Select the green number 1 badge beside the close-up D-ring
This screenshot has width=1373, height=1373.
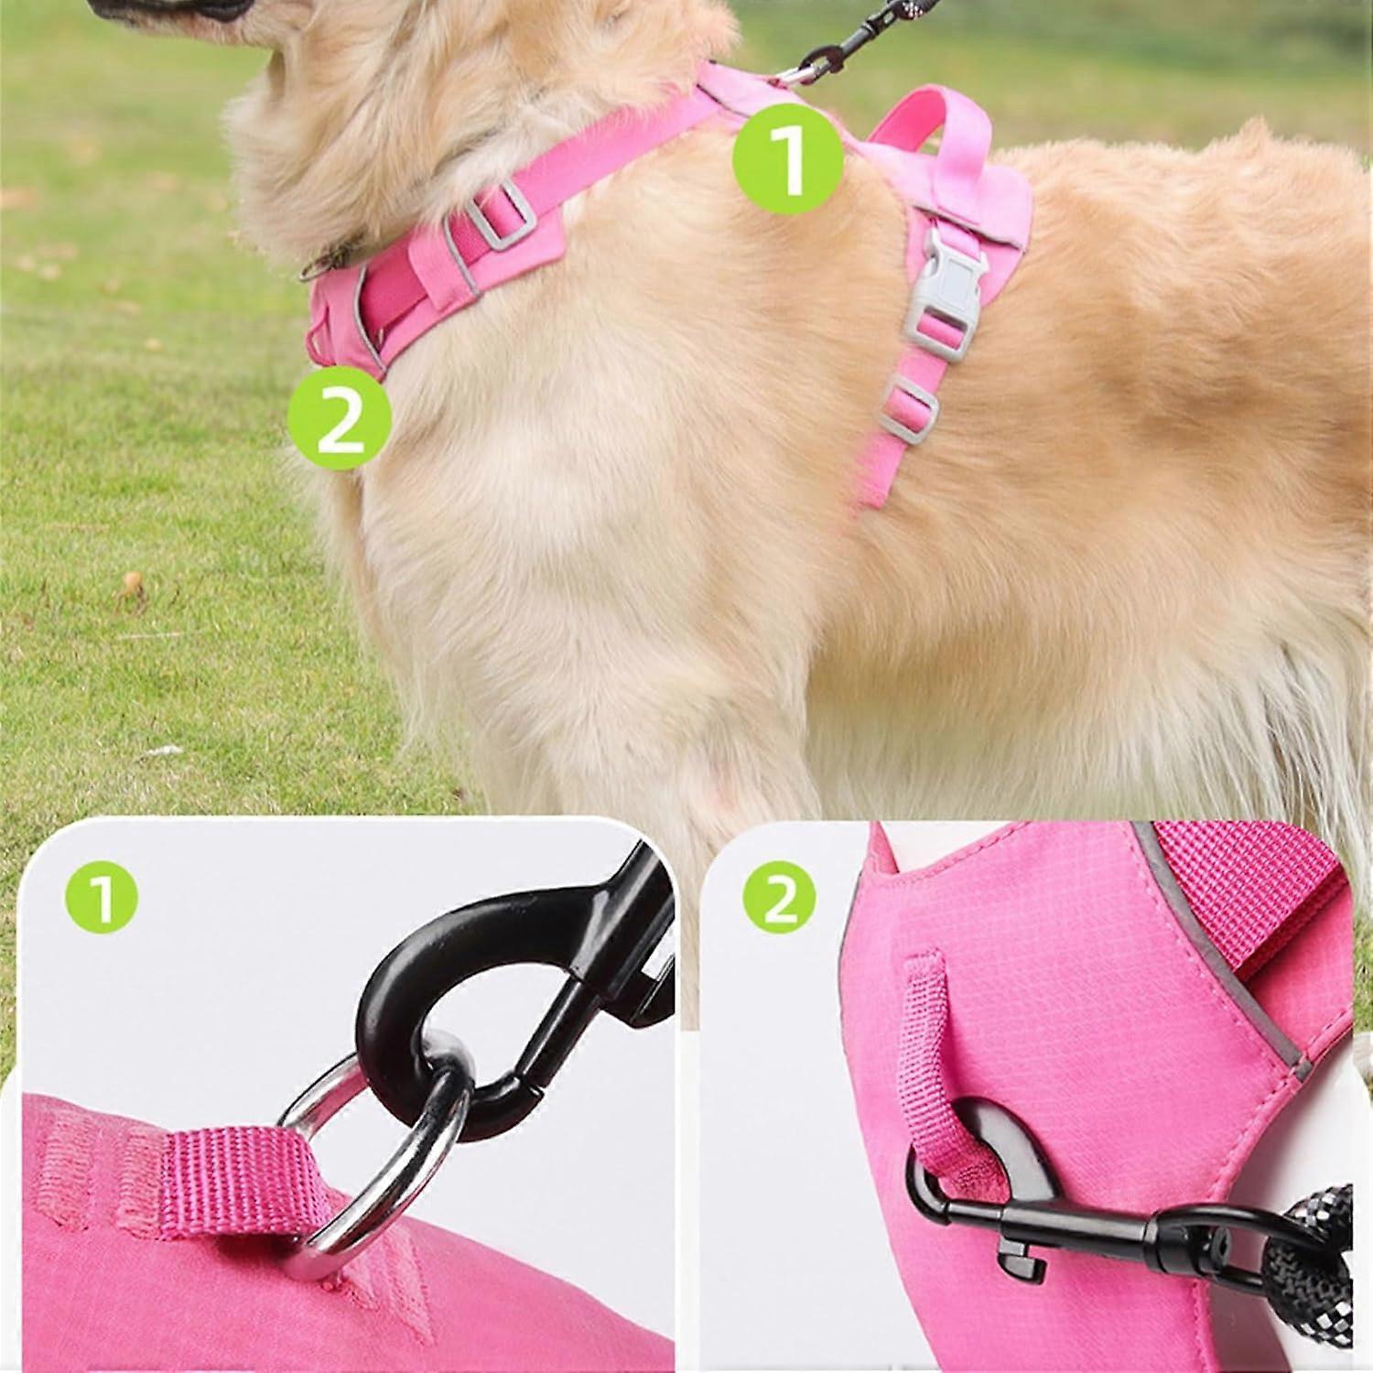tap(102, 903)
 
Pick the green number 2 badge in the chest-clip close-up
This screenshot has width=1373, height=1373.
tap(779, 903)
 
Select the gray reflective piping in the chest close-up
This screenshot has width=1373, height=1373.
tap(1213, 943)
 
